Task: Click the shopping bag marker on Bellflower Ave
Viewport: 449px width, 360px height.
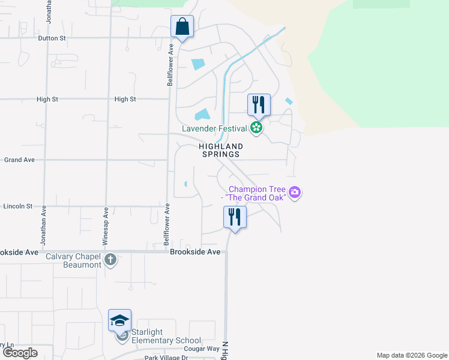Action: pos(182,27)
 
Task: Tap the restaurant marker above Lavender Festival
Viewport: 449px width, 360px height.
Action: pos(259,105)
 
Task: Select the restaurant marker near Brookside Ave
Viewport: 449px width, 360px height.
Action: pos(234,217)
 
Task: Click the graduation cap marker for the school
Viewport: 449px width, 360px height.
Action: pos(119,320)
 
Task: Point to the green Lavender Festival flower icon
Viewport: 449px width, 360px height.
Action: pos(256,127)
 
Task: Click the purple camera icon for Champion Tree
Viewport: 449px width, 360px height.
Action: pos(295,193)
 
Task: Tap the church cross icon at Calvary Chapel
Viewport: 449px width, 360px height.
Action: pos(110,260)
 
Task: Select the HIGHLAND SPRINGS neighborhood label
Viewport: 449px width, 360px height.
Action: pos(221,150)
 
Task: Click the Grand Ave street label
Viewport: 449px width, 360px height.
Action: pos(20,160)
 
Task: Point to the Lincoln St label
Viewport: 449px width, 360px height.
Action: pos(17,206)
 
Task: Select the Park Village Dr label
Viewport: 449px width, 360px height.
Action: pos(166,358)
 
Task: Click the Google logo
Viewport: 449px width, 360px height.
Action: pos(20,353)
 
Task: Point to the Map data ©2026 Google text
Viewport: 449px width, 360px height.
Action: pos(412,355)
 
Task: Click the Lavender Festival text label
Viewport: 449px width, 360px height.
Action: pos(215,128)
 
